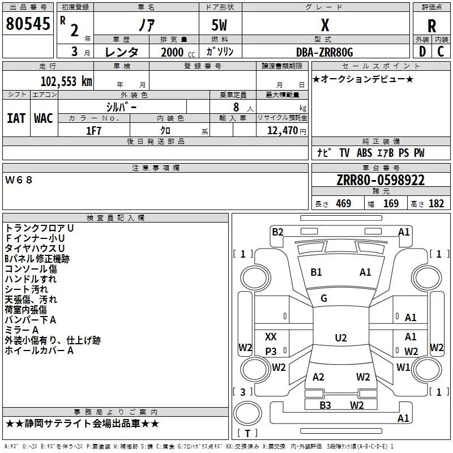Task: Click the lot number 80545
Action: pos(27,24)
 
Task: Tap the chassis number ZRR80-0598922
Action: pos(381,180)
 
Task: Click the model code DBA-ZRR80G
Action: pos(324,52)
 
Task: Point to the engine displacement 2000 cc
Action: pos(173,52)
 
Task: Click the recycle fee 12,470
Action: pos(282,131)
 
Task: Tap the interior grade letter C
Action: pos(441,52)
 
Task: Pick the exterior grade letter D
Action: pos(422,52)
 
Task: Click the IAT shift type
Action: pos(16,118)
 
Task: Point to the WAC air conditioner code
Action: pos(43,118)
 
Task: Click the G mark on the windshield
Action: pos(324,298)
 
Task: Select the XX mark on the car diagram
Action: pos(271,337)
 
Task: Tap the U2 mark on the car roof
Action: pos(340,338)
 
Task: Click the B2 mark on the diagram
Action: pos(277,232)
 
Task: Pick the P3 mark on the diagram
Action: pos(271,352)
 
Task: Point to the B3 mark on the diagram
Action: pos(325,405)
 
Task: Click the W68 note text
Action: pos(19,180)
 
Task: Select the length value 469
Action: pos(343,204)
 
